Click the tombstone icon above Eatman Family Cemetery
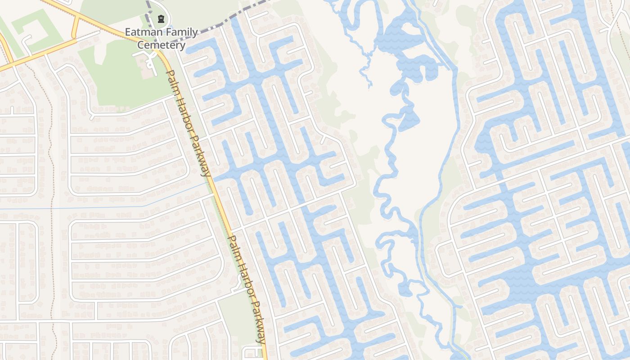(161, 19)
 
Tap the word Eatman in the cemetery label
(142, 32)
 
